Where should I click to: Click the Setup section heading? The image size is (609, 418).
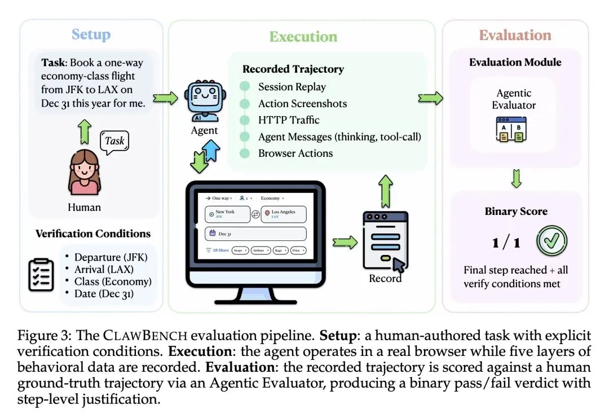(91, 34)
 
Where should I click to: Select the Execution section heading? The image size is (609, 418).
(303, 37)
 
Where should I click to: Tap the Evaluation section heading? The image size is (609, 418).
(515, 35)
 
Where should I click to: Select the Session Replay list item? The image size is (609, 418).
(292, 87)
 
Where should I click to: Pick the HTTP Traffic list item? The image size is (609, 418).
(289, 120)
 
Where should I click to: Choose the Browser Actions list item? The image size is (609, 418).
(295, 153)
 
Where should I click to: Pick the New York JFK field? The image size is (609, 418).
(228, 214)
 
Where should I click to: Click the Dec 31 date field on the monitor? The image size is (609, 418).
(255, 233)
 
